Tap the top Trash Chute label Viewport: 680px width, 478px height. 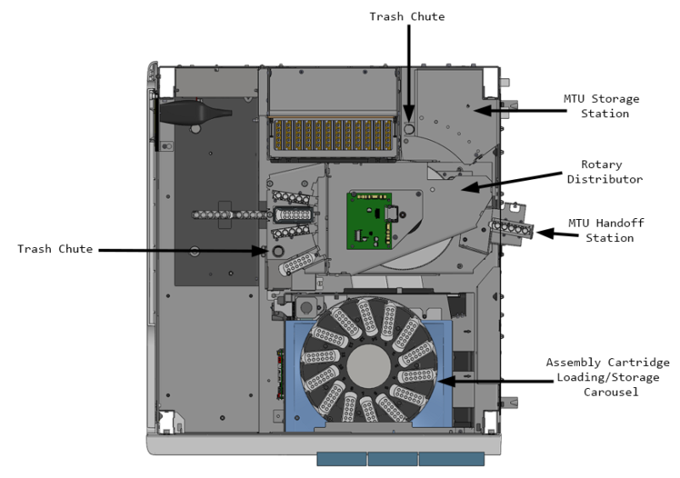pyautogui.click(x=407, y=16)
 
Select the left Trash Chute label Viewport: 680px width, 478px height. pyautogui.click(x=55, y=250)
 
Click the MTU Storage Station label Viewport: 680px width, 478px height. pyautogui.click(x=601, y=106)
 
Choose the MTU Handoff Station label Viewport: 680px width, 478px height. pyautogui.click(x=610, y=230)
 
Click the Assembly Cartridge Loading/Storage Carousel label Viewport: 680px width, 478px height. pyautogui.click(x=607, y=376)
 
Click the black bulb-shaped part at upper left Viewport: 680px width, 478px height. pyautogui.click(x=192, y=111)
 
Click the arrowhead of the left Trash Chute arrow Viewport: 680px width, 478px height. pyautogui.click(x=267, y=250)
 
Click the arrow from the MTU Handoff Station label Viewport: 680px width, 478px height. pyautogui.click(x=552, y=232)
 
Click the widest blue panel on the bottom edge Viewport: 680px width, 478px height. pyautogui.click(x=451, y=458)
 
